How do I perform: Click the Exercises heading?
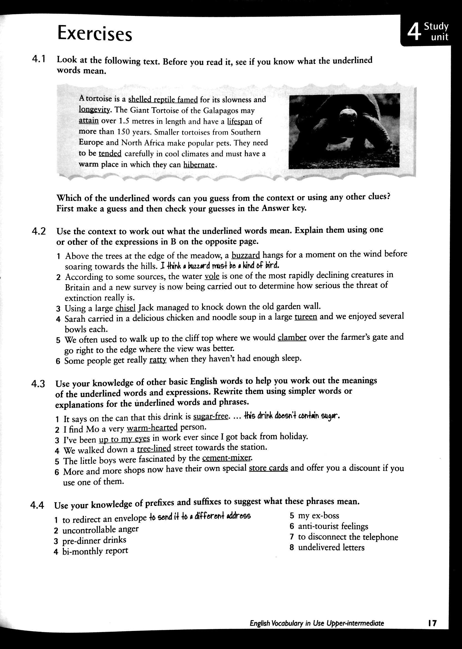95,34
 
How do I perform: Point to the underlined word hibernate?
199,165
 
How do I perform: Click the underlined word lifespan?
240,121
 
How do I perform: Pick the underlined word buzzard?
246,255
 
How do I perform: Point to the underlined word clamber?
292,338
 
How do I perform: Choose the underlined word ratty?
158,360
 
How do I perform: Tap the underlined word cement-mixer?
227,458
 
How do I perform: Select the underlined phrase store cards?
268,468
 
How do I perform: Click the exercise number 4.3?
38,384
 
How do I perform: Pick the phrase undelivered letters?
331,547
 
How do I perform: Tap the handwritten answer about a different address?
200,516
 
